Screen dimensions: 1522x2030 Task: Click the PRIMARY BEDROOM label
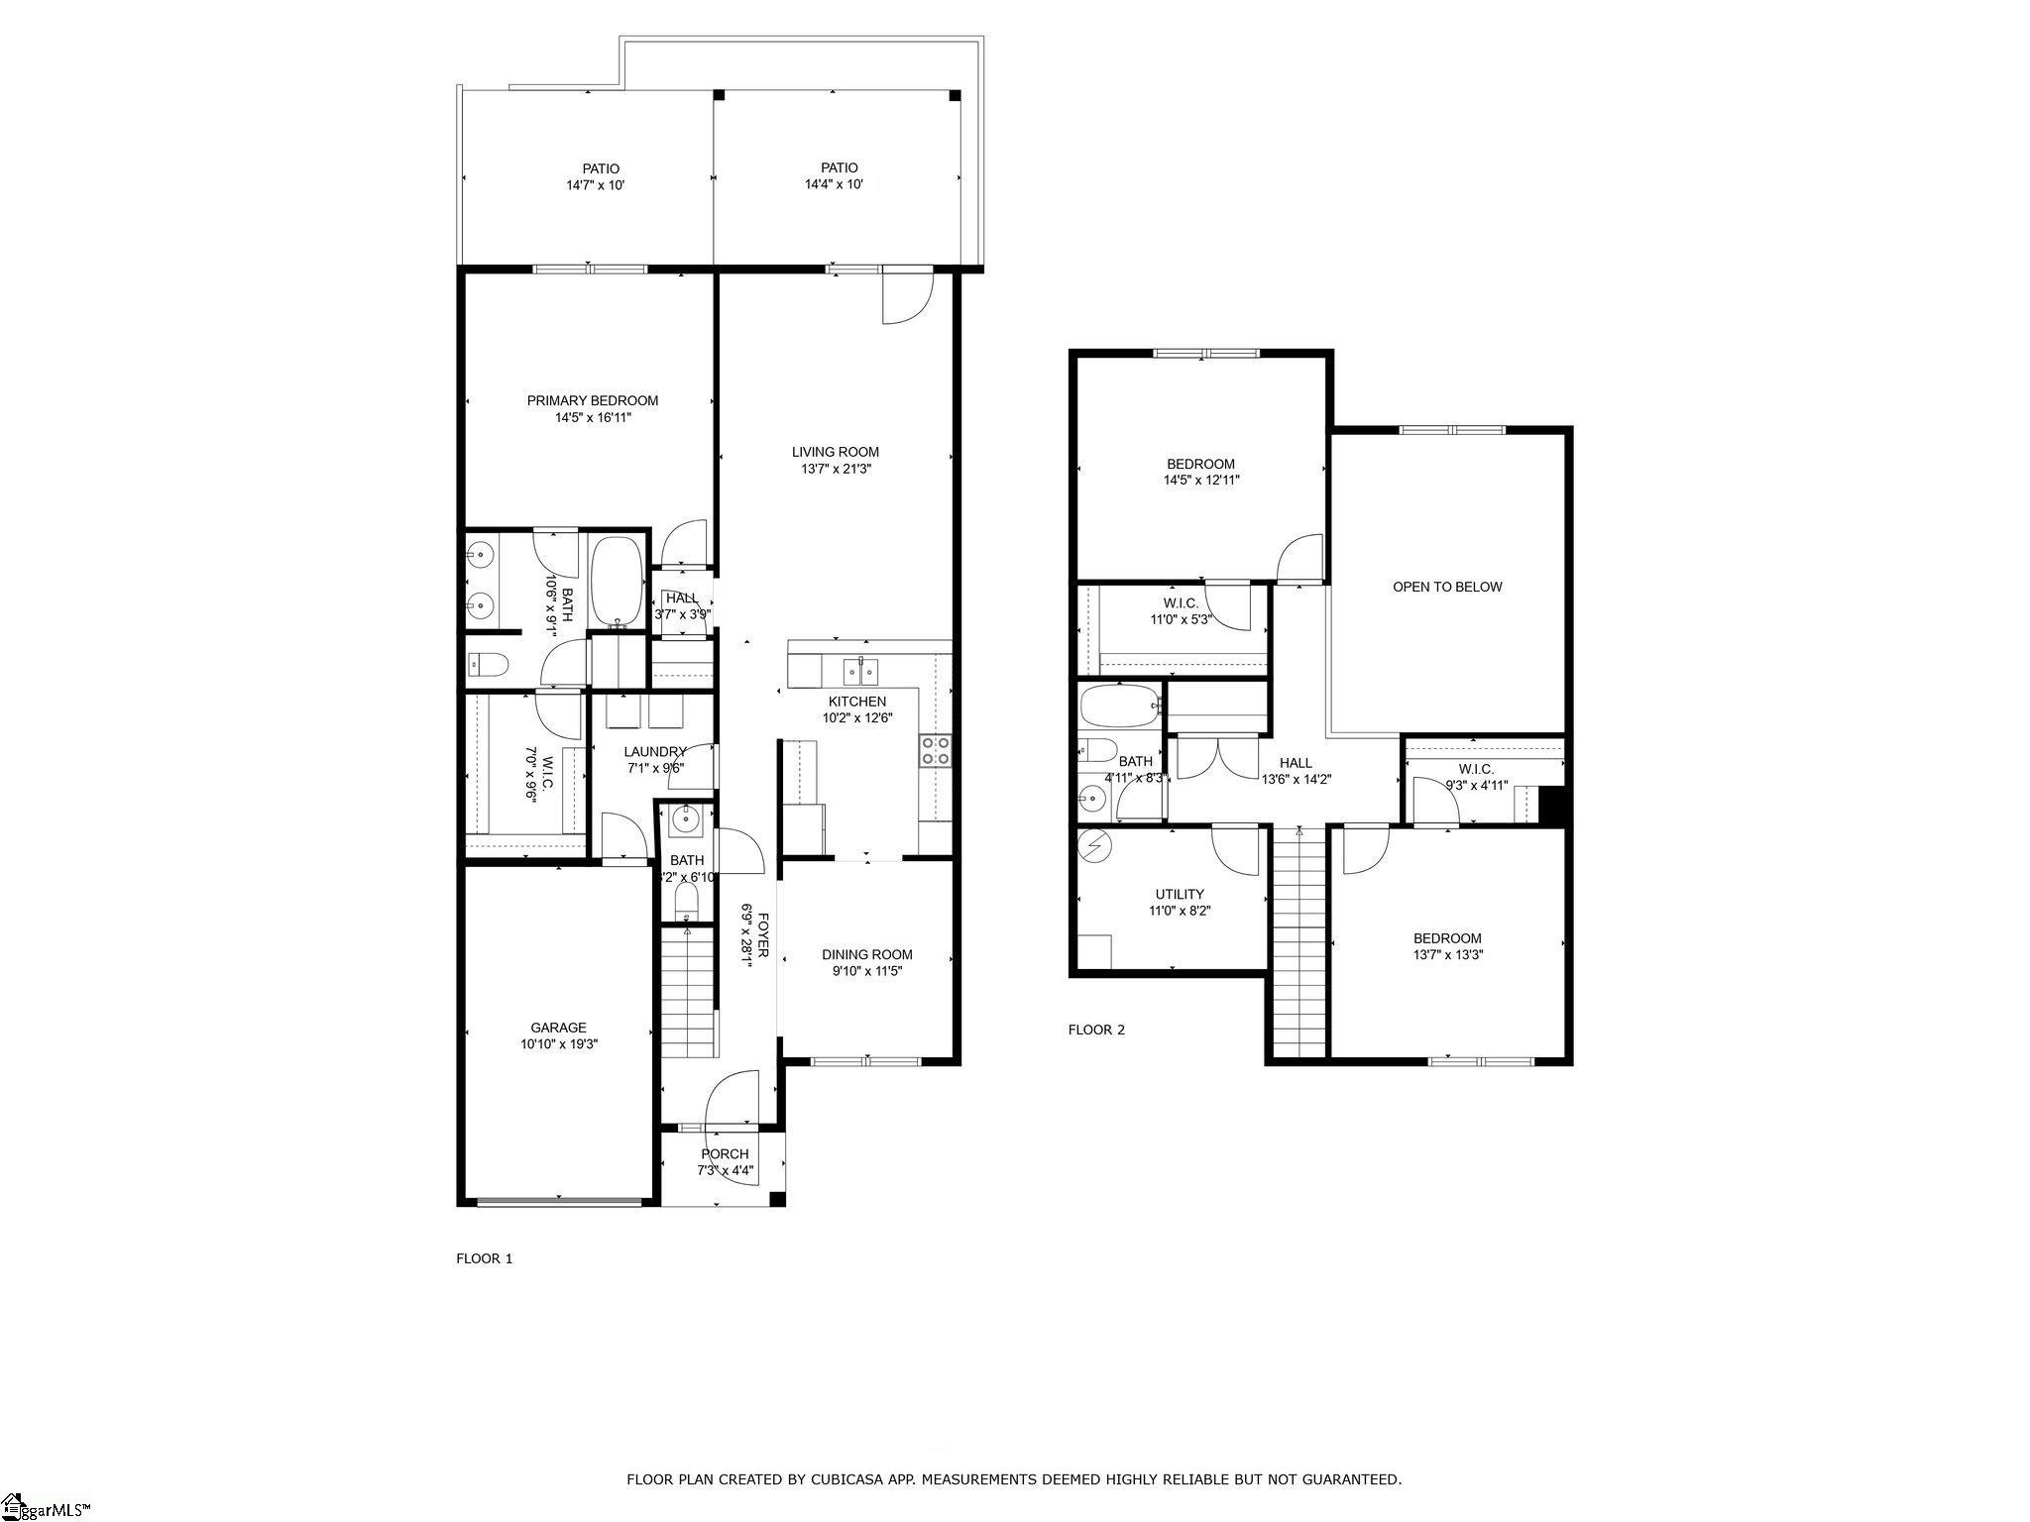(x=592, y=400)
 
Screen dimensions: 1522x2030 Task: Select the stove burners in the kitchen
(x=935, y=750)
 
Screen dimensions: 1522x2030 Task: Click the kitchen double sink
(x=859, y=673)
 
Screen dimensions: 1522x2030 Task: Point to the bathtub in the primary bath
(x=617, y=583)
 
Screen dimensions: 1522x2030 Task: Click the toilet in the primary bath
(x=487, y=664)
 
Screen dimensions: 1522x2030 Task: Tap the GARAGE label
(x=558, y=1028)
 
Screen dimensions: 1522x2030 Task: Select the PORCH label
(x=725, y=1153)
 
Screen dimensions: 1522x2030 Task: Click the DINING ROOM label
(x=866, y=954)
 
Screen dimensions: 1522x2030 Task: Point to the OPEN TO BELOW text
(x=1447, y=587)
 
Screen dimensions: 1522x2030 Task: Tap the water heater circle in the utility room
(x=1095, y=845)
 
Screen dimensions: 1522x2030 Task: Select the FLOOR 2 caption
(x=1096, y=1030)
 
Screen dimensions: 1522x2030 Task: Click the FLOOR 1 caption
(x=484, y=1258)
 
